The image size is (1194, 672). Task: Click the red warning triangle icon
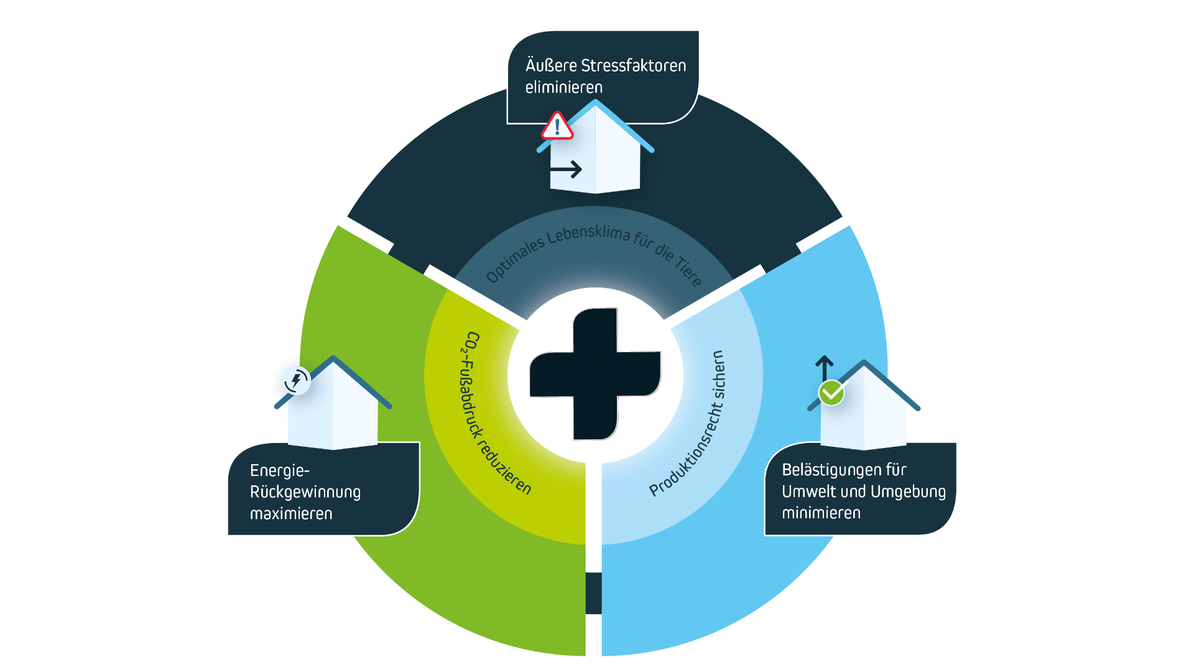(557, 126)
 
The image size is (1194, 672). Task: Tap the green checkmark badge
(831, 393)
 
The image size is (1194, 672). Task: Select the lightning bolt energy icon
(296, 380)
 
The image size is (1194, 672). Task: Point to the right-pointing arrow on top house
(566, 169)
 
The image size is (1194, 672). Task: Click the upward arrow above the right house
(824, 366)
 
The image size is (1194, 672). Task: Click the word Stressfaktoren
(633, 65)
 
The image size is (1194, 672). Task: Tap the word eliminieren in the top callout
(563, 87)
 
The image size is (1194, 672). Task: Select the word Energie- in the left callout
(279, 470)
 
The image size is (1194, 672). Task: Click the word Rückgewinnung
(305, 492)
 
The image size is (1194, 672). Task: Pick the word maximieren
(290, 514)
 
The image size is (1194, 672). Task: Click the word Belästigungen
(844, 470)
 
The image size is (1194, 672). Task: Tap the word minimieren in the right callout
(821, 513)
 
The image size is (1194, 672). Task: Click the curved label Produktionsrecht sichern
(690, 423)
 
